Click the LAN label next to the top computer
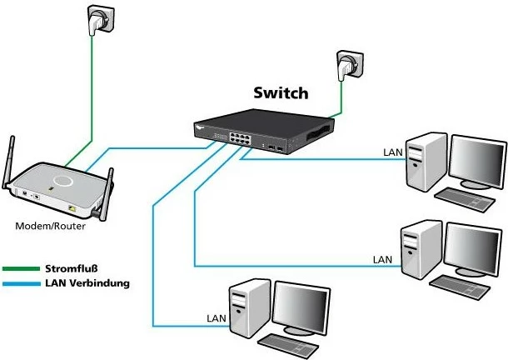click(x=392, y=152)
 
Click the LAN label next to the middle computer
click(x=381, y=260)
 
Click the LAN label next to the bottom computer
click(x=215, y=318)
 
